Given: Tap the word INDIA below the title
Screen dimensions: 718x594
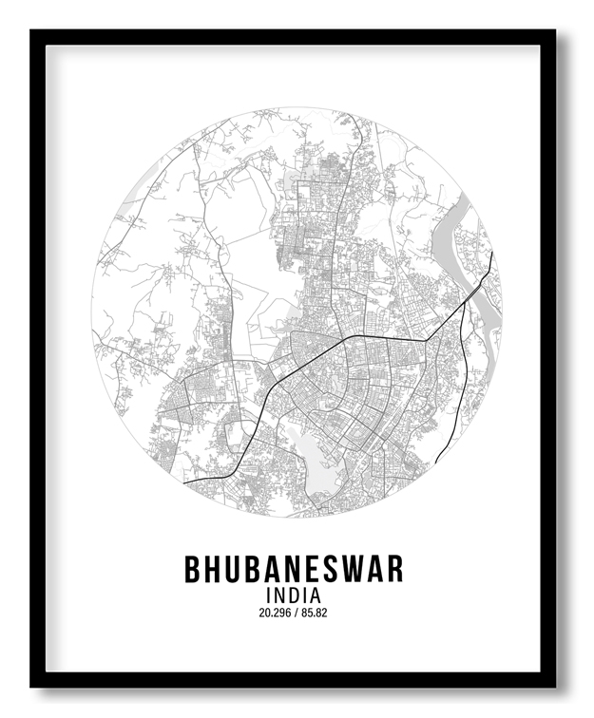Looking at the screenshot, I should pos(294,595).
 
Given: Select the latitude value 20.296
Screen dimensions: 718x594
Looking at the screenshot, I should pos(274,613).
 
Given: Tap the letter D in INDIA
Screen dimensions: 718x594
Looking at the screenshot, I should pos(294,595).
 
